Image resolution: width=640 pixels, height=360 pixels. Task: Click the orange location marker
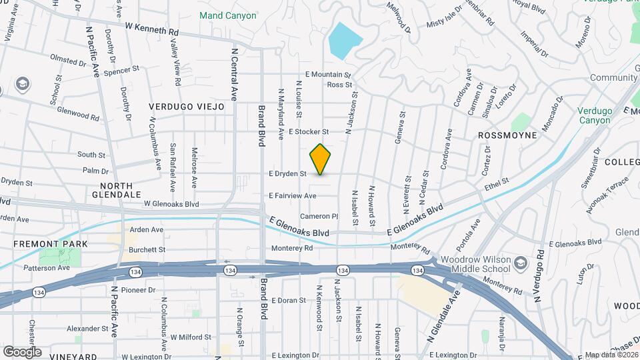pos(320,159)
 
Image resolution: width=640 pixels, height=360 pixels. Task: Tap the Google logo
pos(22,351)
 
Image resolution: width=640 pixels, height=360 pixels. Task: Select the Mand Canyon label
pos(228,15)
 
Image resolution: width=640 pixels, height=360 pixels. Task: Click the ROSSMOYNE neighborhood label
pos(509,135)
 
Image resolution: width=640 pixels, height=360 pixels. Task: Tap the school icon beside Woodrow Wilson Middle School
pos(521,264)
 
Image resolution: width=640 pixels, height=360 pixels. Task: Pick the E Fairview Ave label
pos(292,196)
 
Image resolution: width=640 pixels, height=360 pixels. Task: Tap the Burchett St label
pos(147,250)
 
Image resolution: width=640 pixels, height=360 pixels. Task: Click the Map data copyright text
pos(609,355)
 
